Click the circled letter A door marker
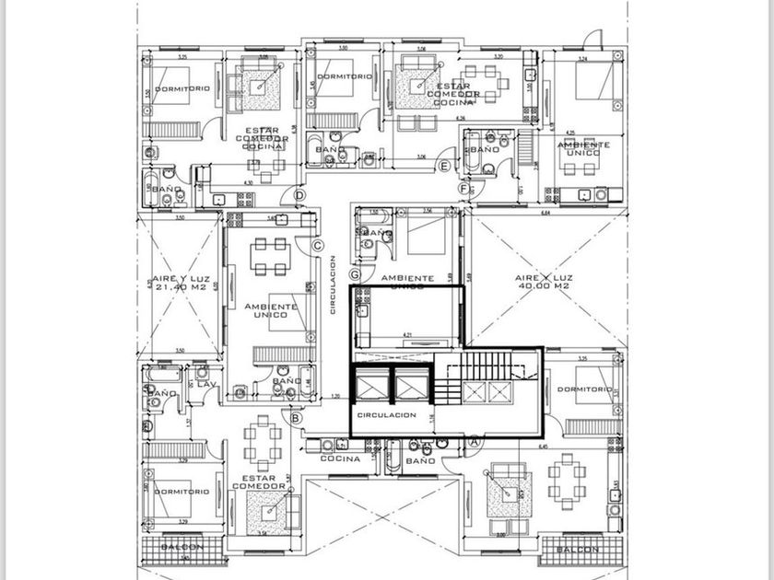tap(475, 441)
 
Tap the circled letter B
tap(296, 418)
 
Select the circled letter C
tap(316, 245)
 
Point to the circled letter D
tap(299, 195)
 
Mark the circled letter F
tap(463, 189)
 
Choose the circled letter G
tap(355, 273)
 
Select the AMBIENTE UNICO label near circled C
tap(271, 310)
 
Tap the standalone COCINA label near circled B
tap(338, 458)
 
